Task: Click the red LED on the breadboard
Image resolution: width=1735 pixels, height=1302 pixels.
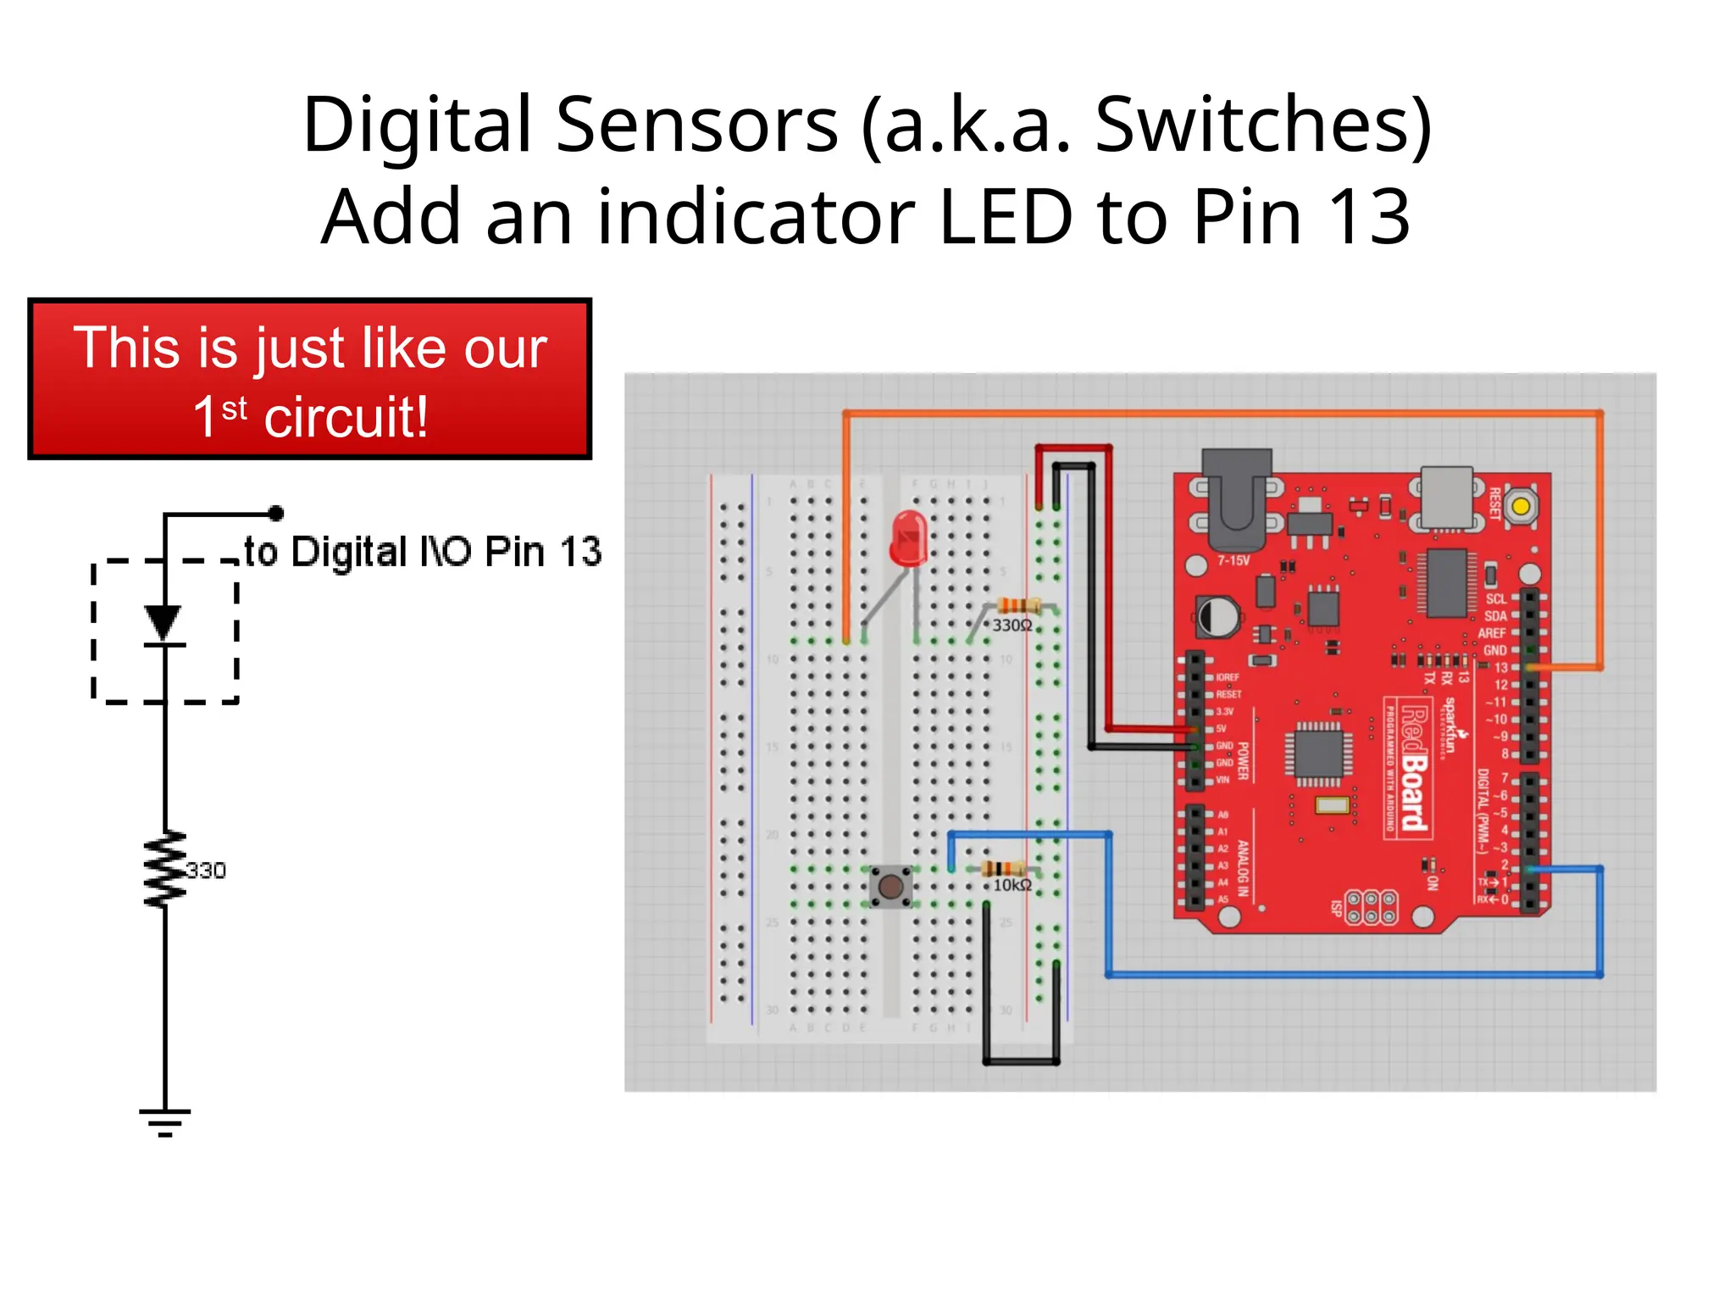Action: click(908, 539)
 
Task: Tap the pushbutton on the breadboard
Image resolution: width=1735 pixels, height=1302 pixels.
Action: click(890, 887)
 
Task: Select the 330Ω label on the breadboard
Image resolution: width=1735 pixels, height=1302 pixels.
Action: click(1012, 626)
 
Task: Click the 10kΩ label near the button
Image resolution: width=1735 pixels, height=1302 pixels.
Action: click(1012, 885)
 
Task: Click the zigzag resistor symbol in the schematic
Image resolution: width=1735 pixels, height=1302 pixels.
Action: click(165, 870)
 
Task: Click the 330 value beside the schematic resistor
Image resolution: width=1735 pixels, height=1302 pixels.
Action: click(206, 871)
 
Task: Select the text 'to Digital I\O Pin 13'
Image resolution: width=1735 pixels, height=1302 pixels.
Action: click(423, 552)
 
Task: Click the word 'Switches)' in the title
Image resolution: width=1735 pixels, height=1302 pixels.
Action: click(1263, 125)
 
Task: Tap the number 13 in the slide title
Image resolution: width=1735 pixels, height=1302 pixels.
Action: click(1368, 217)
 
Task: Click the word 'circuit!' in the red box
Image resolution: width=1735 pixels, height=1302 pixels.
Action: click(346, 417)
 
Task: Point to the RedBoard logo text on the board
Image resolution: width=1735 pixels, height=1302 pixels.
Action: click(1413, 768)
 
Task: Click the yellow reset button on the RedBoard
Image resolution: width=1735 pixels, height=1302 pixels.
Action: click(1521, 507)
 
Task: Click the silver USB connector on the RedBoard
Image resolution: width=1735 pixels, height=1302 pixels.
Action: click(1446, 497)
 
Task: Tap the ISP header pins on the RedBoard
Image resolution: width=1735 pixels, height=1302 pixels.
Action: click(1371, 906)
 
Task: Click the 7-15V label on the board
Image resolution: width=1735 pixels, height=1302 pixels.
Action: click(1233, 560)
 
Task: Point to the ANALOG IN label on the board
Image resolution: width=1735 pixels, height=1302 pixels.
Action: click(1242, 868)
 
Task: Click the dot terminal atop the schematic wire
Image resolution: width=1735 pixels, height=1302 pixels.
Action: click(276, 513)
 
